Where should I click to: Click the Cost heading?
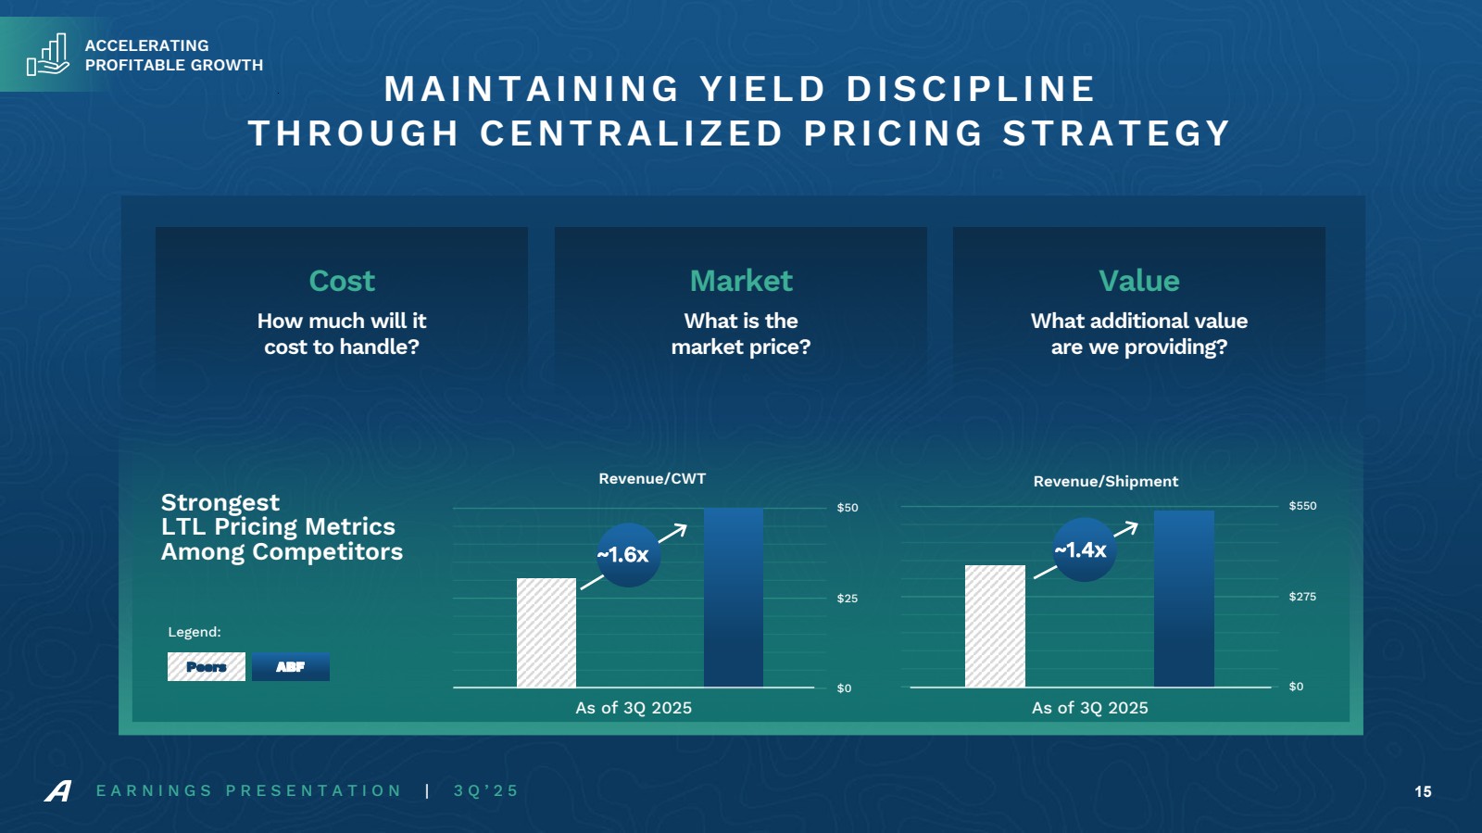click(x=342, y=281)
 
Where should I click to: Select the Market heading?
click(x=741, y=281)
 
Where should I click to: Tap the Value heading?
click(x=1138, y=281)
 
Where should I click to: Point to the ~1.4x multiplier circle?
click(x=1083, y=550)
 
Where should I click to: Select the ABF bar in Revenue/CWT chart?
click(x=733, y=598)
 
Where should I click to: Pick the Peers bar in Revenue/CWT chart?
click(x=546, y=633)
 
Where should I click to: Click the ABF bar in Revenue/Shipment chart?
click(x=1183, y=599)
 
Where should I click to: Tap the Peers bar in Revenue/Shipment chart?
click(x=995, y=626)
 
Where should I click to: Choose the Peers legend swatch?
click(x=207, y=667)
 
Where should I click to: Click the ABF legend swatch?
click(x=291, y=667)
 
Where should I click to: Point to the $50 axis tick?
click(x=848, y=508)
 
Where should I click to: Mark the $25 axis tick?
click(x=848, y=599)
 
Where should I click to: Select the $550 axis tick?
click(x=1302, y=506)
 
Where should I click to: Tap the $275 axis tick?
click(x=1302, y=597)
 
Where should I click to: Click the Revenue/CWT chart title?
click(x=652, y=479)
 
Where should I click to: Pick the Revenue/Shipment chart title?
click(x=1106, y=482)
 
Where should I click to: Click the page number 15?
click(x=1423, y=791)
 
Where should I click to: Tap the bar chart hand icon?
click(x=48, y=55)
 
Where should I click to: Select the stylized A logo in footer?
click(x=57, y=791)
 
